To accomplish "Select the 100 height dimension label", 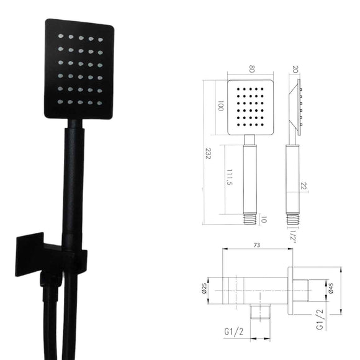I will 220,107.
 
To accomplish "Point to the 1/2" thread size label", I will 292,236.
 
